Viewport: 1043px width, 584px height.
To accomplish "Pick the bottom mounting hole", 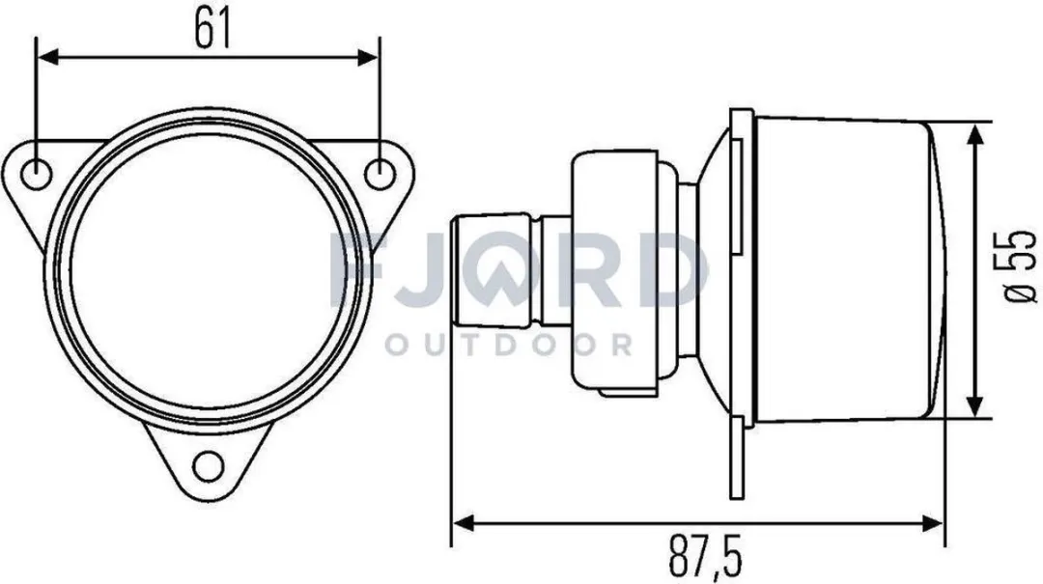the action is (209, 465).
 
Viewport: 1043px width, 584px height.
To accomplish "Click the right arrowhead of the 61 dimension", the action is (367, 57).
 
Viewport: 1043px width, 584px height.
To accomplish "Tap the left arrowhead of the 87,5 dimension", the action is (464, 522).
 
